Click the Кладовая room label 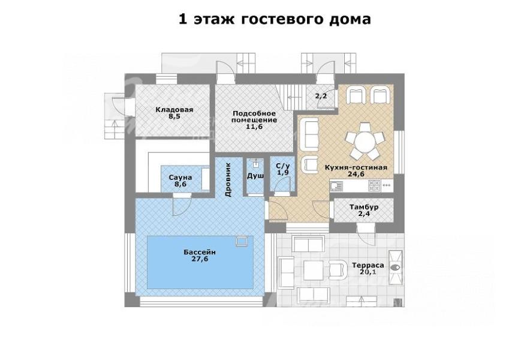(x=174, y=110)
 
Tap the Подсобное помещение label (x=254, y=116)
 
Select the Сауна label (x=180, y=178)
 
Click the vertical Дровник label (x=228, y=179)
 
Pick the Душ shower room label (x=255, y=176)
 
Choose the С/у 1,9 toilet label (x=283, y=169)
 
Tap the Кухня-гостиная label (x=356, y=167)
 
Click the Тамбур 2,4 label (x=364, y=210)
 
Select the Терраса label (x=368, y=265)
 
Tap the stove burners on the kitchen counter (x=374, y=185)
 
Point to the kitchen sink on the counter (x=336, y=185)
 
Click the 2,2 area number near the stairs (x=320, y=96)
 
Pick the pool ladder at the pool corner (x=242, y=241)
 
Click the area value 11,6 (x=254, y=127)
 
